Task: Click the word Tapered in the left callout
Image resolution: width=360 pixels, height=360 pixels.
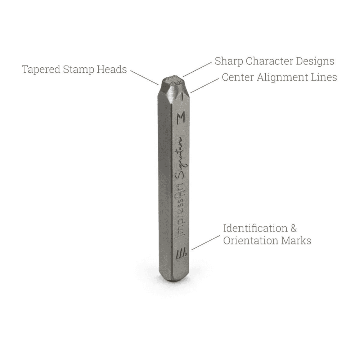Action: point(41,70)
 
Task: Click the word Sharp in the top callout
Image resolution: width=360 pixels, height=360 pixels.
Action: point(229,62)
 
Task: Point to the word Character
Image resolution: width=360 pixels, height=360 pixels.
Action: point(269,61)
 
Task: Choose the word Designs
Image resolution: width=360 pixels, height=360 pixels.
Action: point(315,62)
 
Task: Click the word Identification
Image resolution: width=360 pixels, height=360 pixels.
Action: point(256,229)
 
